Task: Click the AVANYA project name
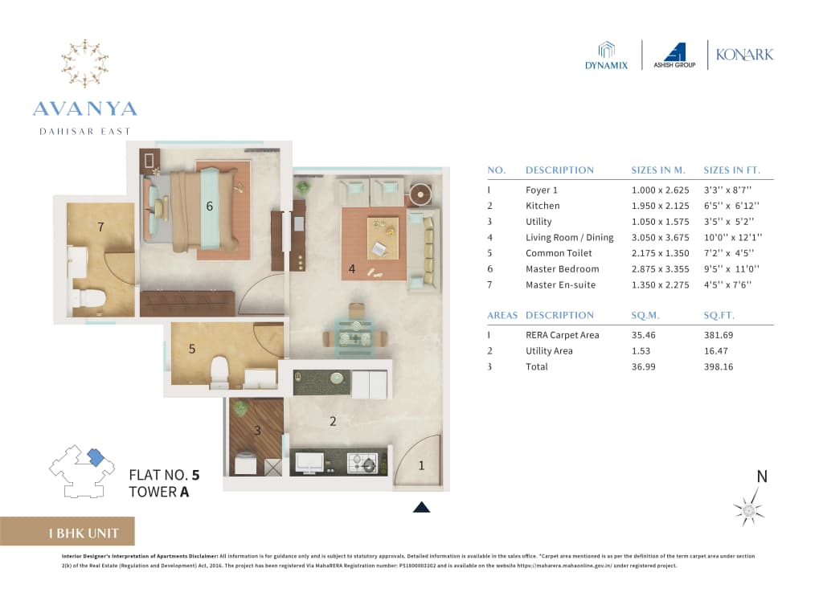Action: click(x=84, y=108)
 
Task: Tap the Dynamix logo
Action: click(x=606, y=55)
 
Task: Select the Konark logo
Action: click(x=745, y=55)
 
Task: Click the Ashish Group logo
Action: click(x=674, y=55)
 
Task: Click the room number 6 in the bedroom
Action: click(x=209, y=206)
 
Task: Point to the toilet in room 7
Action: click(x=92, y=299)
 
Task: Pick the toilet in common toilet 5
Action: click(x=219, y=372)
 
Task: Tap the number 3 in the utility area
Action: click(x=257, y=431)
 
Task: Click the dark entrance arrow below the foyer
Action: click(x=421, y=507)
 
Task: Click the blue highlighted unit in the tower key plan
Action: click(x=95, y=457)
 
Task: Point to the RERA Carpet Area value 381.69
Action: click(x=719, y=335)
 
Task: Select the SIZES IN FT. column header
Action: click(x=731, y=170)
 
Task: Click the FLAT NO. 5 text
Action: click(x=164, y=475)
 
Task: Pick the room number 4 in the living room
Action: click(x=352, y=269)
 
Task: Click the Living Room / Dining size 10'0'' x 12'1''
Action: click(x=731, y=237)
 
